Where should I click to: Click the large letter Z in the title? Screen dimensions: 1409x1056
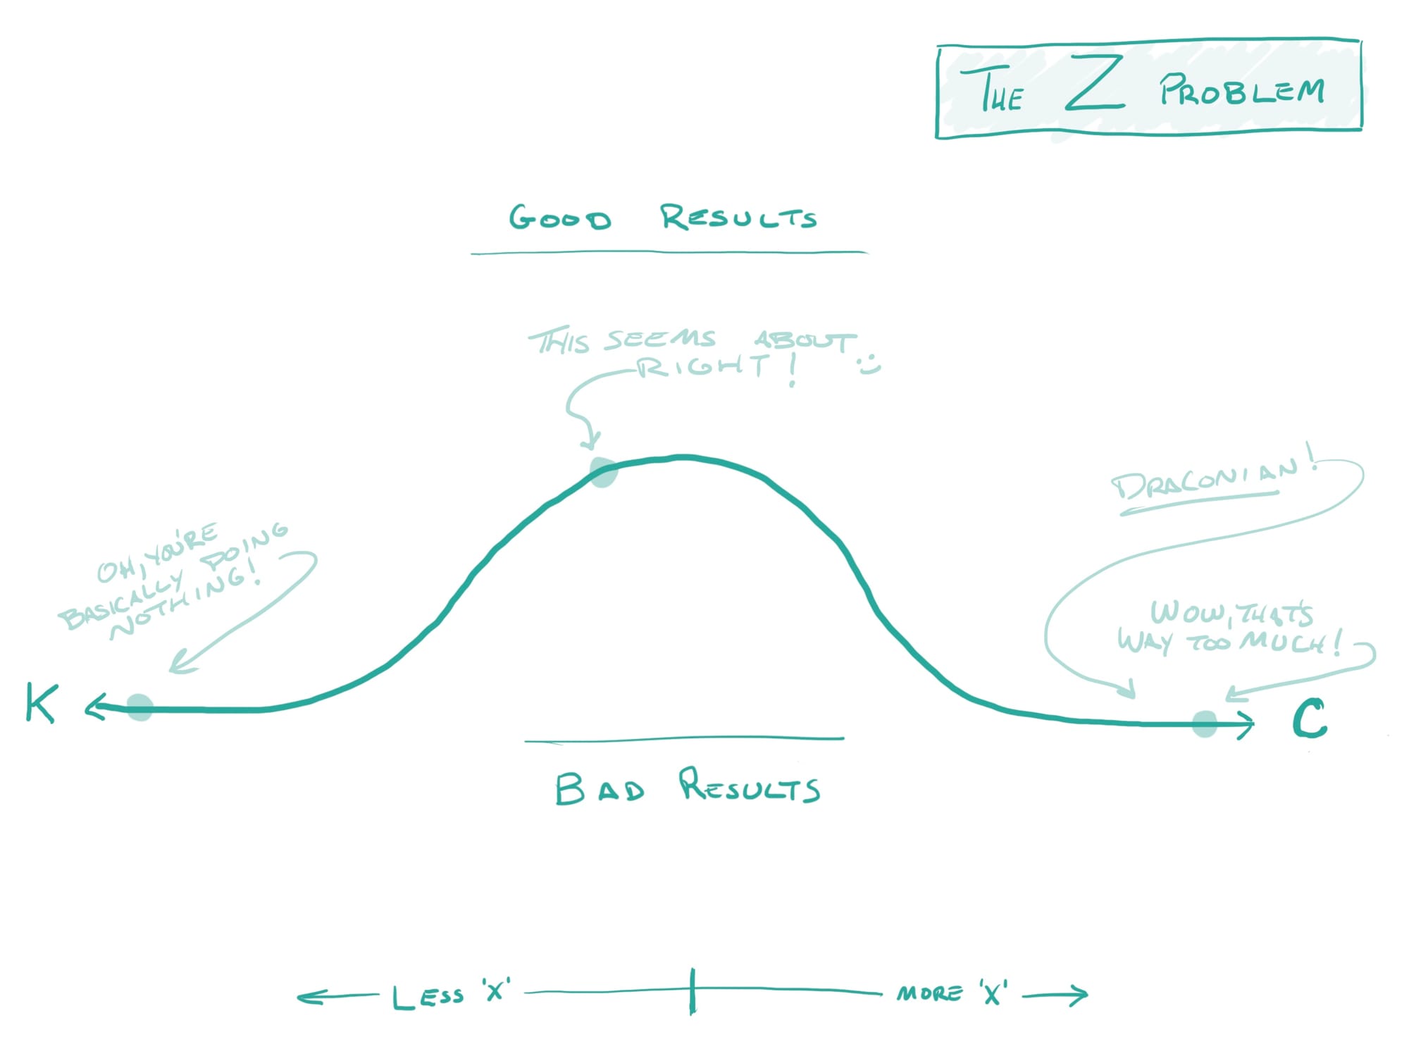[1093, 85]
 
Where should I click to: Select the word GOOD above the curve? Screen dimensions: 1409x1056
[560, 218]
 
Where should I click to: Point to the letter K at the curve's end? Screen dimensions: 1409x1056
[41, 702]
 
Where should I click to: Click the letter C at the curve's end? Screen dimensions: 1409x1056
[1309, 719]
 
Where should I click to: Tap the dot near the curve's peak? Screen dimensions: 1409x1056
[603, 472]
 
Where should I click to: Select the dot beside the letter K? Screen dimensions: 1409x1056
[139, 707]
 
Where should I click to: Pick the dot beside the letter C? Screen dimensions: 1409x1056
[1205, 723]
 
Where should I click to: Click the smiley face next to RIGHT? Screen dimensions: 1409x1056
[869, 366]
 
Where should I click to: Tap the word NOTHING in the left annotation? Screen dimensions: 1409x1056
[185, 602]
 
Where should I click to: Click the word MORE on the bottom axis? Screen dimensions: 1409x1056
[929, 993]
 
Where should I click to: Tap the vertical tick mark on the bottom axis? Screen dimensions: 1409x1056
[693, 991]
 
